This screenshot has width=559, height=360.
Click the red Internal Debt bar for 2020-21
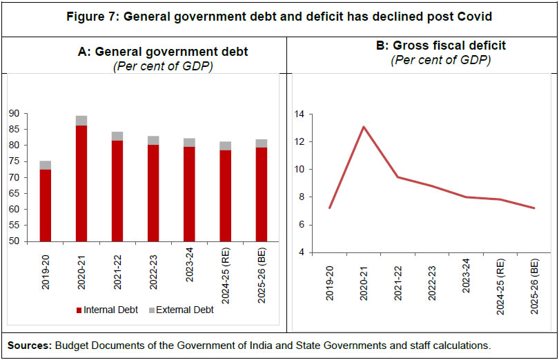click(x=81, y=183)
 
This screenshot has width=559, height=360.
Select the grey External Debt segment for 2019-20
click(x=46, y=165)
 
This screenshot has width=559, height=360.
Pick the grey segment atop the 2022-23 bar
click(x=153, y=140)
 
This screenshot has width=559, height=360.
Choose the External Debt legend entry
click(x=181, y=310)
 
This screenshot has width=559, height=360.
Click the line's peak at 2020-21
click(x=363, y=127)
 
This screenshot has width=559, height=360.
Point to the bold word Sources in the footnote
click(x=29, y=346)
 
